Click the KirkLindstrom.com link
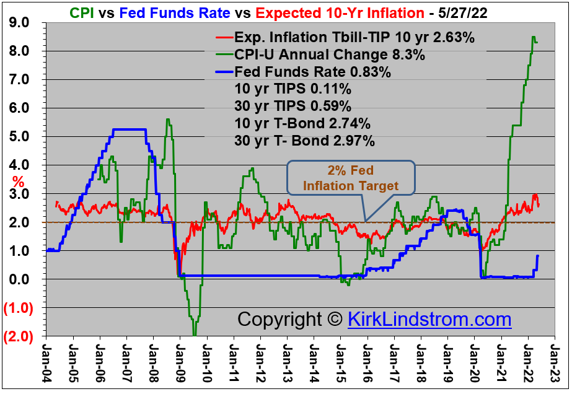(x=429, y=319)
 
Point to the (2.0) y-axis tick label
(x=18, y=336)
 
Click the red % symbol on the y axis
(x=18, y=182)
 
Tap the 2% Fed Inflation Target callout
(x=350, y=178)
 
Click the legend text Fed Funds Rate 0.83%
(x=312, y=72)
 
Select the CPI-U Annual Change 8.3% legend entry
(x=329, y=55)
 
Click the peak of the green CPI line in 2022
(x=534, y=37)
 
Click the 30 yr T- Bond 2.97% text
(x=305, y=141)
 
